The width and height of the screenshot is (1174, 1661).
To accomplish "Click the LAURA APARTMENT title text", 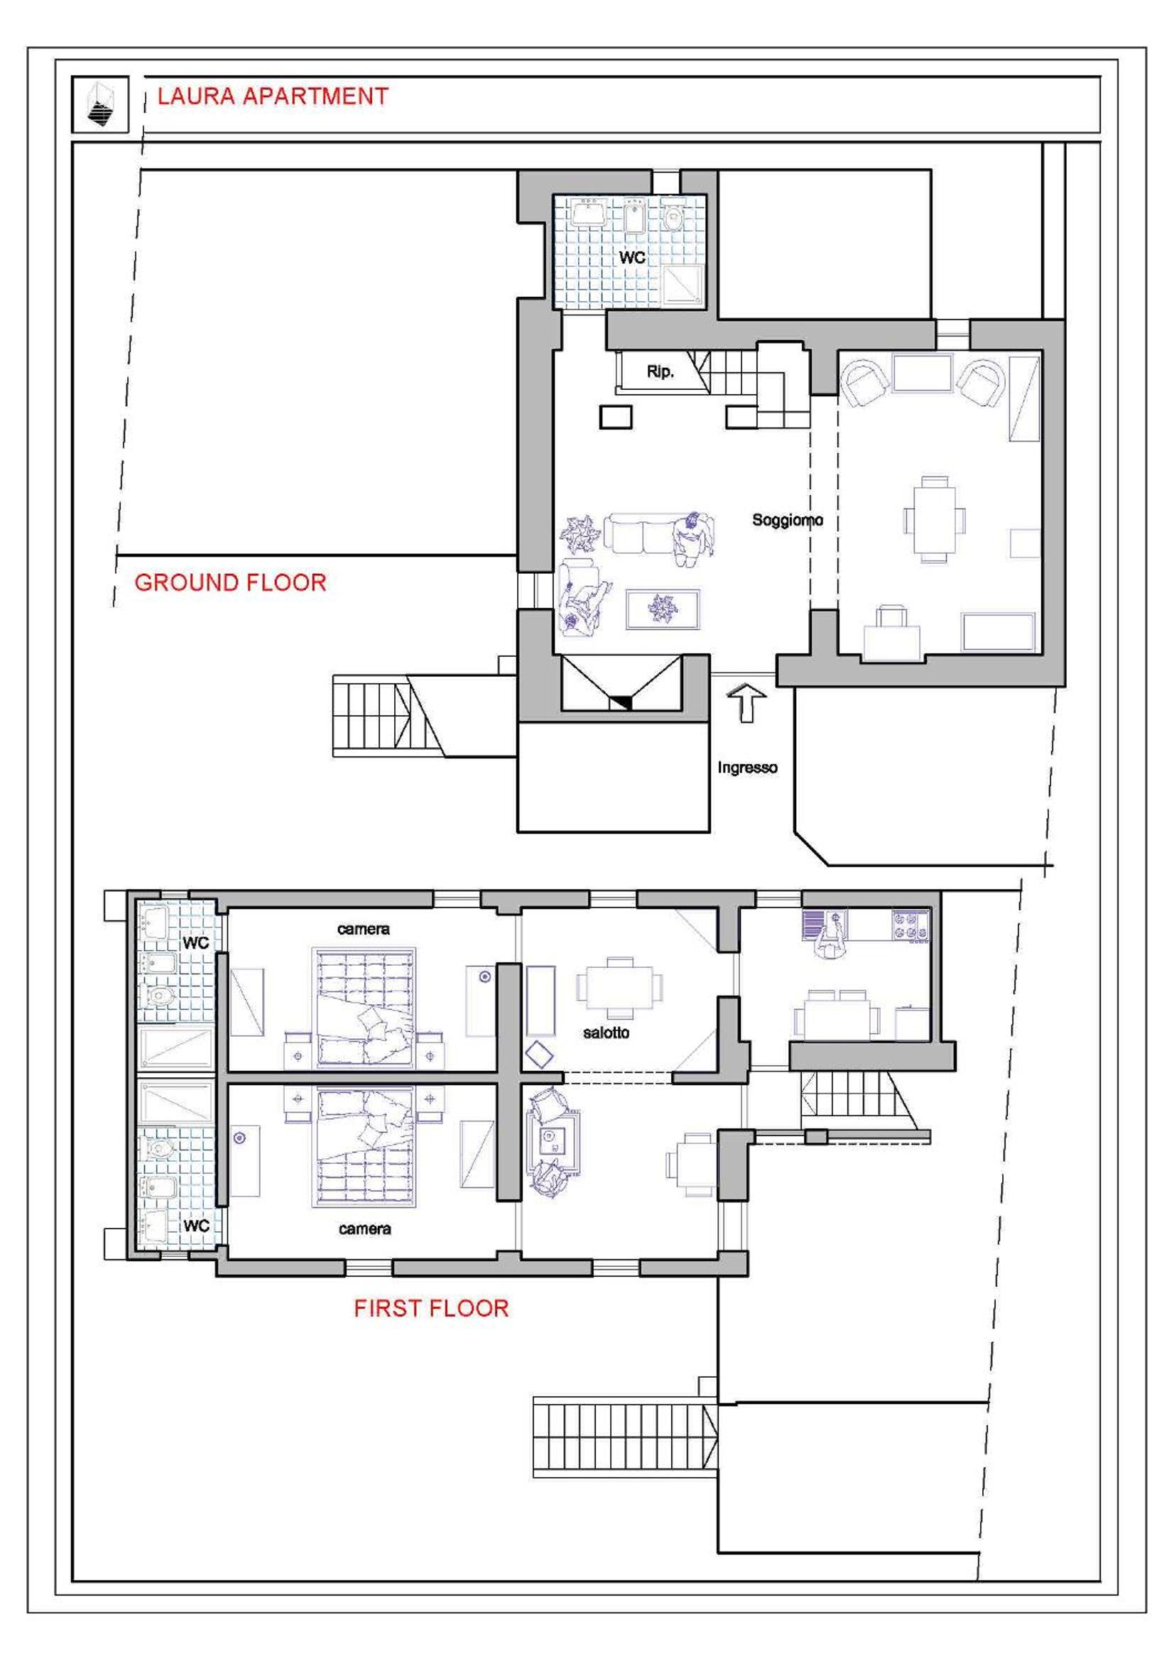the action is point(273,96).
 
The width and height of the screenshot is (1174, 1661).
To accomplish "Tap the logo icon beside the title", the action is point(100,104).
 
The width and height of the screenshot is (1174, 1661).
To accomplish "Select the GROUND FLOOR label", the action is point(231,582).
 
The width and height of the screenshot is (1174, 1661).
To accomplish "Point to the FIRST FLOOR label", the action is point(431,1308).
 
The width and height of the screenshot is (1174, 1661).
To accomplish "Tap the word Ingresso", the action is point(747,768).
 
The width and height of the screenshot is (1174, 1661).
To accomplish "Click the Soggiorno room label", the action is point(787,520).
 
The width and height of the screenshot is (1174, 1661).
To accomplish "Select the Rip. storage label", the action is point(660,372).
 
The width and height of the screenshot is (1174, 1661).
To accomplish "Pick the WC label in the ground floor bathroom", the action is point(631,257).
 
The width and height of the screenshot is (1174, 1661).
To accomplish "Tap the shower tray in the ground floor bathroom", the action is point(681,283).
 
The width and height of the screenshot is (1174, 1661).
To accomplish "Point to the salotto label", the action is point(606,1033).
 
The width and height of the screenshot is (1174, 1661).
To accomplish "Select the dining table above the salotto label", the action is point(619,988).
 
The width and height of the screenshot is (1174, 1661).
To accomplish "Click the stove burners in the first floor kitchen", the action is point(910,927).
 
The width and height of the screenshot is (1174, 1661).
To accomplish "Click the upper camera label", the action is point(363,930).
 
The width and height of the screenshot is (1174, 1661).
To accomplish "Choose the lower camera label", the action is point(364,1229).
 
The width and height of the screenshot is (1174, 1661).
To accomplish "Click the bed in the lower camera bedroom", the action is point(364,1147).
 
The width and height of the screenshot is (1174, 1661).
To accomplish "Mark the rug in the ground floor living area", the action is point(663,611).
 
